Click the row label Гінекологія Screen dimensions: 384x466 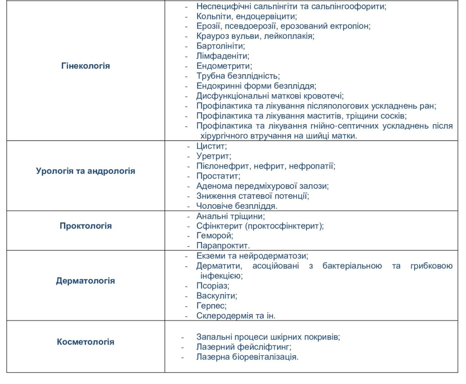pyautogui.click(x=85, y=66)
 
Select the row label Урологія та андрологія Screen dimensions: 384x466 pyautogui.click(x=85, y=171)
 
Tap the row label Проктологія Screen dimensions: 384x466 pyautogui.click(x=85, y=226)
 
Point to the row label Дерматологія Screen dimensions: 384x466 pyautogui.click(x=85, y=281)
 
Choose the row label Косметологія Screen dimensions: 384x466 pyautogui.click(x=85, y=342)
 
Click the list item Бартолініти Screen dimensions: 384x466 pyautogui.click(x=220, y=46)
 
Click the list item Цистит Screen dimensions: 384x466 pyautogui.click(x=211, y=146)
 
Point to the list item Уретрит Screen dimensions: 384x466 pyautogui.click(x=213, y=156)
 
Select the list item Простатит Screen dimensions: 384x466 pyautogui.click(x=218, y=176)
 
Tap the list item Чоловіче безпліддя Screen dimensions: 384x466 pyautogui.click(x=236, y=206)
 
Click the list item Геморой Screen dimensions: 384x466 pyautogui.click(x=215, y=235)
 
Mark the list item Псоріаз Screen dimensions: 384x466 pyautogui.click(x=213, y=286)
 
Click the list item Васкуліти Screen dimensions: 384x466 pyautogui.click(x=216, y=296)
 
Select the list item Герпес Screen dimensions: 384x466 pyautogui.click(x=211, y=306)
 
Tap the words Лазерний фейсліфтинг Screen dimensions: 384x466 pyautogui.click(x=243, y=347)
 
